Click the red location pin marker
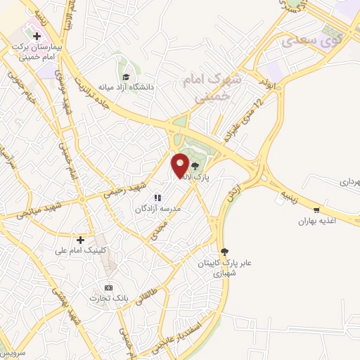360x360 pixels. [x=180, y=165]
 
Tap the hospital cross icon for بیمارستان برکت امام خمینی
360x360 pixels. [x=37, y=35]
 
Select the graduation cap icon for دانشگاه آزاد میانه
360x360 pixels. [x=125, y=77]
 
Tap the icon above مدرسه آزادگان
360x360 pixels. [x=160, y=198]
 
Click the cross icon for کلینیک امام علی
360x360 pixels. [x=80, y=240]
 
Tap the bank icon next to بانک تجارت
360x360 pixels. [x=108, y=288]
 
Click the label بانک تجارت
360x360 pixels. [x=108, y=299]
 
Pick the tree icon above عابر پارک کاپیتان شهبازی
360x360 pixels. [x=224, y=251]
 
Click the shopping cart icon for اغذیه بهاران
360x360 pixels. [x=316, y=210]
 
